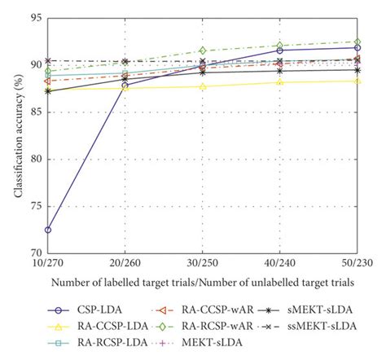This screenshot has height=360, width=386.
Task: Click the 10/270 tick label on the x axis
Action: pos(49,264)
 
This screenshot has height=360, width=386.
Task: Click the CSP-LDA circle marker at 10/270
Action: pos(49,230)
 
